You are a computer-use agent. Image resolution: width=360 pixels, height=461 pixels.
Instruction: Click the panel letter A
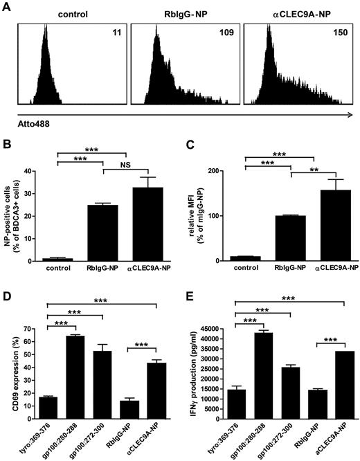tap(7, 6)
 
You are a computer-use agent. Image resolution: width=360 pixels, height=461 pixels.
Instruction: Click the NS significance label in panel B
tap(127, 181)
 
